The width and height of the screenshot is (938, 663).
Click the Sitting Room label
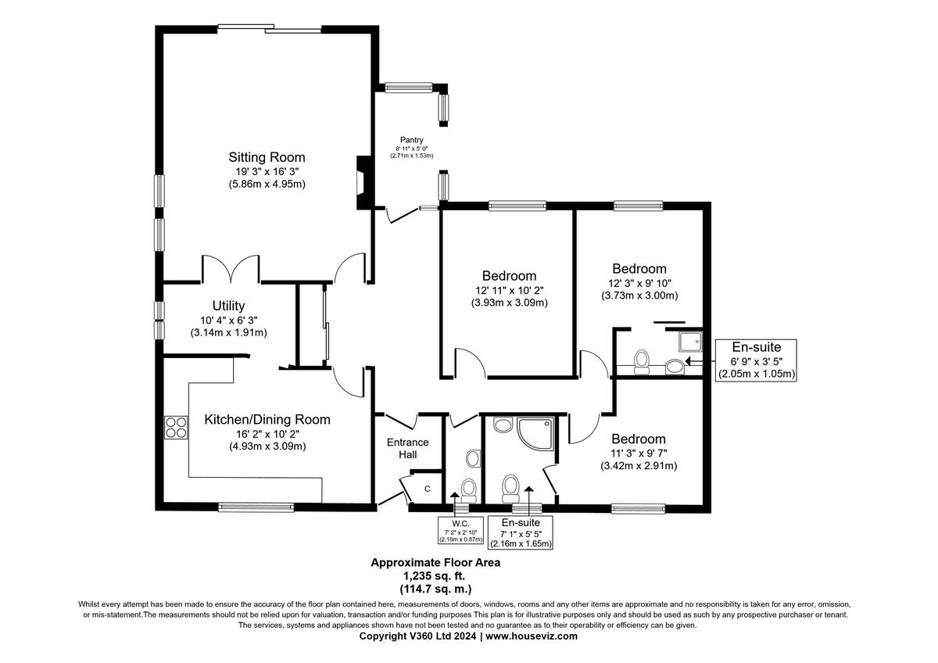pyautogui.click(x=267, y=156)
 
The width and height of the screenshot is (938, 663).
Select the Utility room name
pyautogui.click(x=228, y=306)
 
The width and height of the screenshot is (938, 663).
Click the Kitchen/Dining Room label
pyautogui.click(x=267, y=420)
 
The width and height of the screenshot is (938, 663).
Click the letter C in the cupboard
pyautogui.click(x=428, y=489)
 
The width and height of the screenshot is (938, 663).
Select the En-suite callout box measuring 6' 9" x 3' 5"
pyautogui.click(x=757, y=360)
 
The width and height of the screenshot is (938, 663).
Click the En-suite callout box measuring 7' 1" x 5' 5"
pyautogui.click(x=520, y=532)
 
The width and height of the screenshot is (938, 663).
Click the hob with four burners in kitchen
pyautogui.click(x=176, y=427)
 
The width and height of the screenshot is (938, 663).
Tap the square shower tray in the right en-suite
pyautogui.click(x=690, y=341)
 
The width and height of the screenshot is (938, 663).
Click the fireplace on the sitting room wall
pyautogui.click(x=362, y=182)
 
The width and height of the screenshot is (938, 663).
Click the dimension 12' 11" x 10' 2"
pyautogui.click(x=509, y=289)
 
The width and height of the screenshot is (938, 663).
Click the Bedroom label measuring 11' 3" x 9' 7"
pyautogui.click(x=639, y=439)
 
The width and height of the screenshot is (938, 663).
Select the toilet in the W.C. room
pyautogui.click(x=469, y=489)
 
